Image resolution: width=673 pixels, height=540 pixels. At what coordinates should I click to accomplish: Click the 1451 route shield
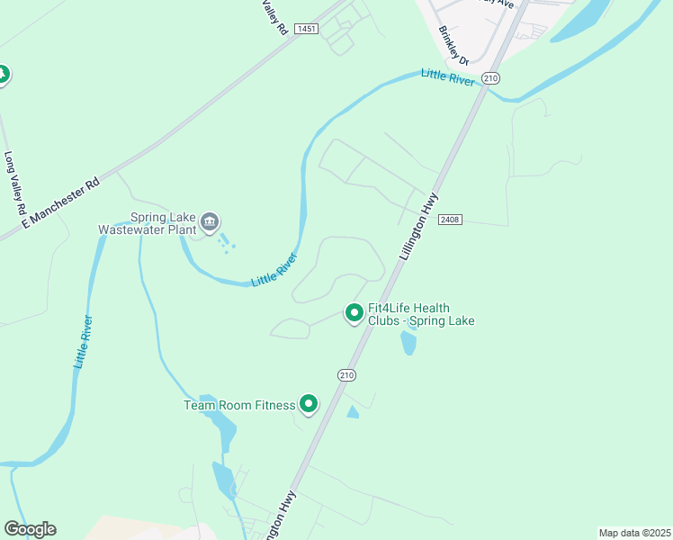[x=306, y=29]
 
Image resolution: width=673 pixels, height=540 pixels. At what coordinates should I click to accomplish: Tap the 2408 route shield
[x=450, y=220]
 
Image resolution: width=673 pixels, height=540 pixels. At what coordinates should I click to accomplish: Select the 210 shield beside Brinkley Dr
[x=490, y=78]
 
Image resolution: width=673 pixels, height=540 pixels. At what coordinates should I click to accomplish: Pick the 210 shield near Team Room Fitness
[x=347, y=374]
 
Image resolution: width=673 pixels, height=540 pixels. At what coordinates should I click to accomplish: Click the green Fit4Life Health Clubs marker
[x=354, y=313]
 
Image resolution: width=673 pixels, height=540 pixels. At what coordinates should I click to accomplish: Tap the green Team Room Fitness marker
[x=309, y=404]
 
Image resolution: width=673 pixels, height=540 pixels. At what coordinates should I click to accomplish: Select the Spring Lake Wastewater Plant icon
[x=211, y=220]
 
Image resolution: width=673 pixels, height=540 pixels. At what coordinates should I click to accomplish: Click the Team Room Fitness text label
[x=239, y=405]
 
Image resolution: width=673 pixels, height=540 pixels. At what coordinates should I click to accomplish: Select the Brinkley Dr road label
[x=453, y=44]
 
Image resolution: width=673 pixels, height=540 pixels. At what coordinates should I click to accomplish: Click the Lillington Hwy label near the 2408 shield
[x=418, y=227]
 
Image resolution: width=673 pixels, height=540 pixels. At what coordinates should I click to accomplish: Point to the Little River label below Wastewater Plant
[x=274, y=269]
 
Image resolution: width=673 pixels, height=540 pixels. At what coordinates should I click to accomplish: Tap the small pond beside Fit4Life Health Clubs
[x=408, y=342]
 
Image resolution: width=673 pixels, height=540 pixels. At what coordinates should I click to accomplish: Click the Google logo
[x=30, y=529]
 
